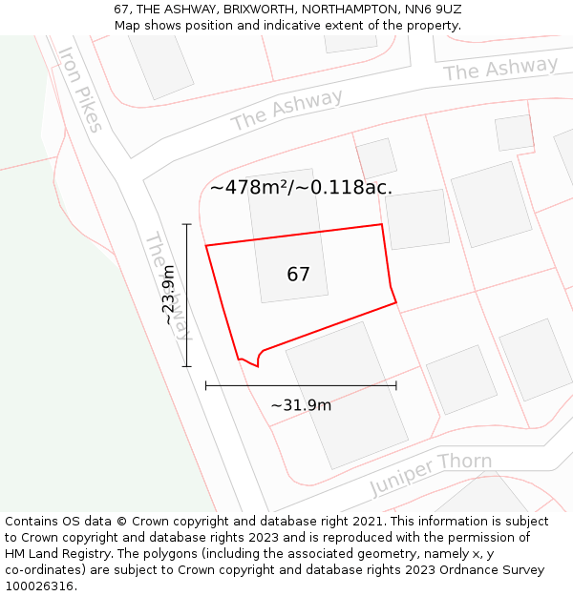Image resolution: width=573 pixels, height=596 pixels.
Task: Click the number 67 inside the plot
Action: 298,275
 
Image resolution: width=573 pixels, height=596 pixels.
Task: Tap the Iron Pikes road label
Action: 78,90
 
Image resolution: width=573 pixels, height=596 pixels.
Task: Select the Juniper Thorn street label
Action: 431,474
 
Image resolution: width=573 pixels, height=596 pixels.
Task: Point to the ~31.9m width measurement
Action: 301,405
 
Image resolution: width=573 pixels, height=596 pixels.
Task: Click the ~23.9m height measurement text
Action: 169,295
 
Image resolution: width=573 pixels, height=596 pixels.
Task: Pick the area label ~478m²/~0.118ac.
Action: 301,188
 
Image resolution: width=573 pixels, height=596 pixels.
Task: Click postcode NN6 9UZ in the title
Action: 435,9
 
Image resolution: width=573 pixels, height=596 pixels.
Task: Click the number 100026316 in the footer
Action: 38,586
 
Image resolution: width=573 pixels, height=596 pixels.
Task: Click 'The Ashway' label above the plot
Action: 286,111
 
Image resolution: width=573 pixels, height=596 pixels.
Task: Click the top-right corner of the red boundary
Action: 382,225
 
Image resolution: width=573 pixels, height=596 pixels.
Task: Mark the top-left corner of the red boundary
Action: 206,246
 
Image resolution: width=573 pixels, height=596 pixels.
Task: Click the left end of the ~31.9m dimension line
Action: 206,385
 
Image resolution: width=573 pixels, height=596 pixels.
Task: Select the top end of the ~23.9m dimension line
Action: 187,224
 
